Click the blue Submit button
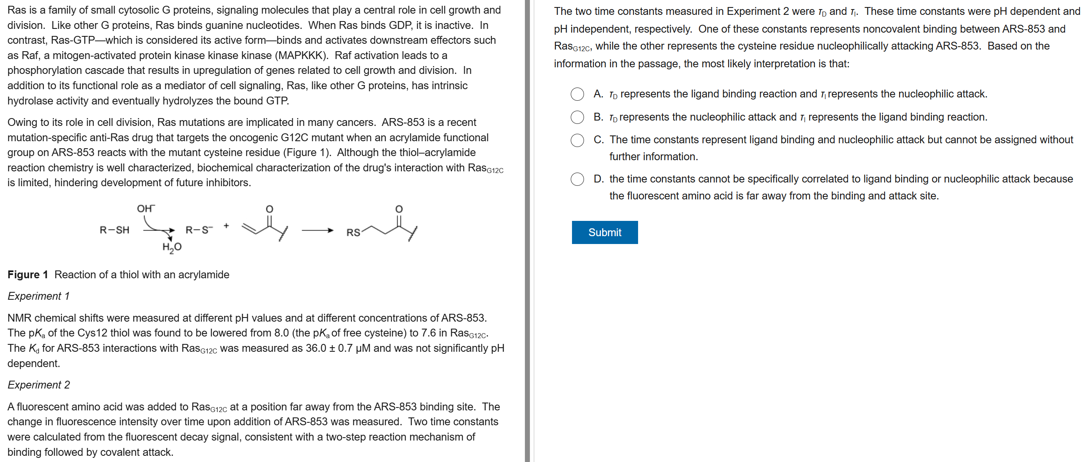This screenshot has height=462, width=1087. tap(604, 232)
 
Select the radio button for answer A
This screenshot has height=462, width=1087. tap(577, 94)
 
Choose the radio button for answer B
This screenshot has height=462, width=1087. tap(577, 117)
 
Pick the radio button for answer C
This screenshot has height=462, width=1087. tap(577, 140)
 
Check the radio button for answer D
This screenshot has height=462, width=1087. tap(577, 179)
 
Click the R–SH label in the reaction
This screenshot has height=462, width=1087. tap(114, 230)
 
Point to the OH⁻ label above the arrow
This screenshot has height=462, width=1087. tap(145, 208)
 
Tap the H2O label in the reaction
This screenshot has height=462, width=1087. tap(172, 247)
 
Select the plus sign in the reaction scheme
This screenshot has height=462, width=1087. tap(227, 226)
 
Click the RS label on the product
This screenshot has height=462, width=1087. tap(353, 232)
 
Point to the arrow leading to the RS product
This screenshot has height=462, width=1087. tap(317, 230)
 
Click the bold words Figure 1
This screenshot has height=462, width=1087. tap(27, 275)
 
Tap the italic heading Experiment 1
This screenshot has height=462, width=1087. tap(38, 296)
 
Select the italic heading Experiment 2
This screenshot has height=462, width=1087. tap(39, 385)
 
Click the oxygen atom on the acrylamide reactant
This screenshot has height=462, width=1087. tap(269, 209)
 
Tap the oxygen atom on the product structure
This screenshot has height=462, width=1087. tap(399, 209)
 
